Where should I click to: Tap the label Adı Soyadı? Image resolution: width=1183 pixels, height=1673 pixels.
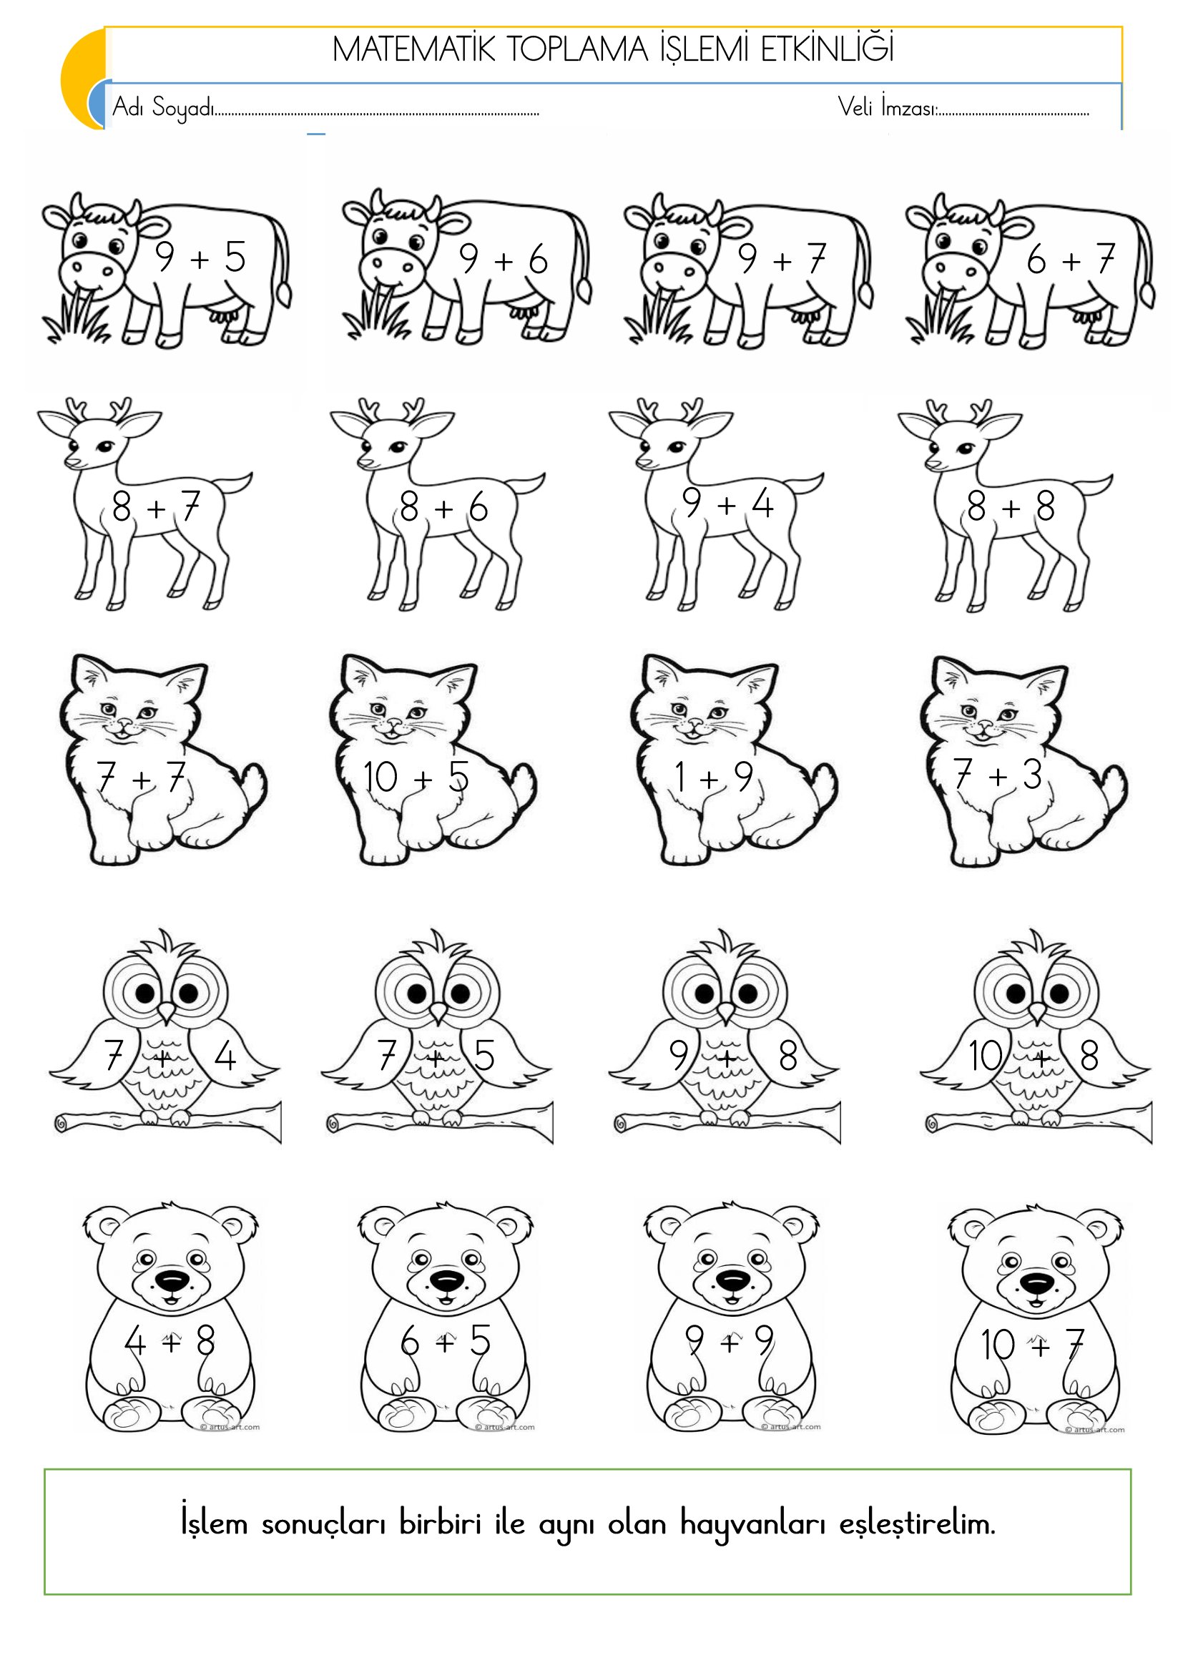[163, 108]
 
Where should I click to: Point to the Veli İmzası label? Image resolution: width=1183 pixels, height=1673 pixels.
[886, 108]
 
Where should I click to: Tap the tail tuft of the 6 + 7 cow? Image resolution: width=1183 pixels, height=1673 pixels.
[1147, 295]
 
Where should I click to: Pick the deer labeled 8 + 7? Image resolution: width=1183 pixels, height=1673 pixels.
[145, 503]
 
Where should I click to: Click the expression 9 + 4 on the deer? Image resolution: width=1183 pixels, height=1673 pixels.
[727, 504]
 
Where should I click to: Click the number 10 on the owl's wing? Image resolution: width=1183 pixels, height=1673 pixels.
[986, 1056]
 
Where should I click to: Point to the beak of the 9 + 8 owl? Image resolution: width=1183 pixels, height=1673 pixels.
[725, 1013]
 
